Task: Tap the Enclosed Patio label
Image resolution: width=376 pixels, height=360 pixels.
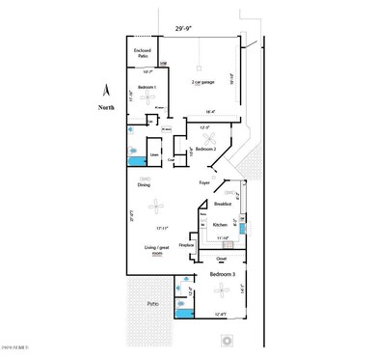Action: tap(141, 52)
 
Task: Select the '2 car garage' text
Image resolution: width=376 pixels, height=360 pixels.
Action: tap(202, 83)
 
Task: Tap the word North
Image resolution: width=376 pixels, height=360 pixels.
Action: tap(106, 108)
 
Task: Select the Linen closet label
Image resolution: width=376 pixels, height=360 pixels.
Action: tap(153, 154)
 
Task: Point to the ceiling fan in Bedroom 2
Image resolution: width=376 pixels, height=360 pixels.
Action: tap(205, 138)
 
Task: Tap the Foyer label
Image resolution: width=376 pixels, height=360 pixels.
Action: tap(204, 181)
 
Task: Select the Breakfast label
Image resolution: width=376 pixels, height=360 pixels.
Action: tap(225, 205)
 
